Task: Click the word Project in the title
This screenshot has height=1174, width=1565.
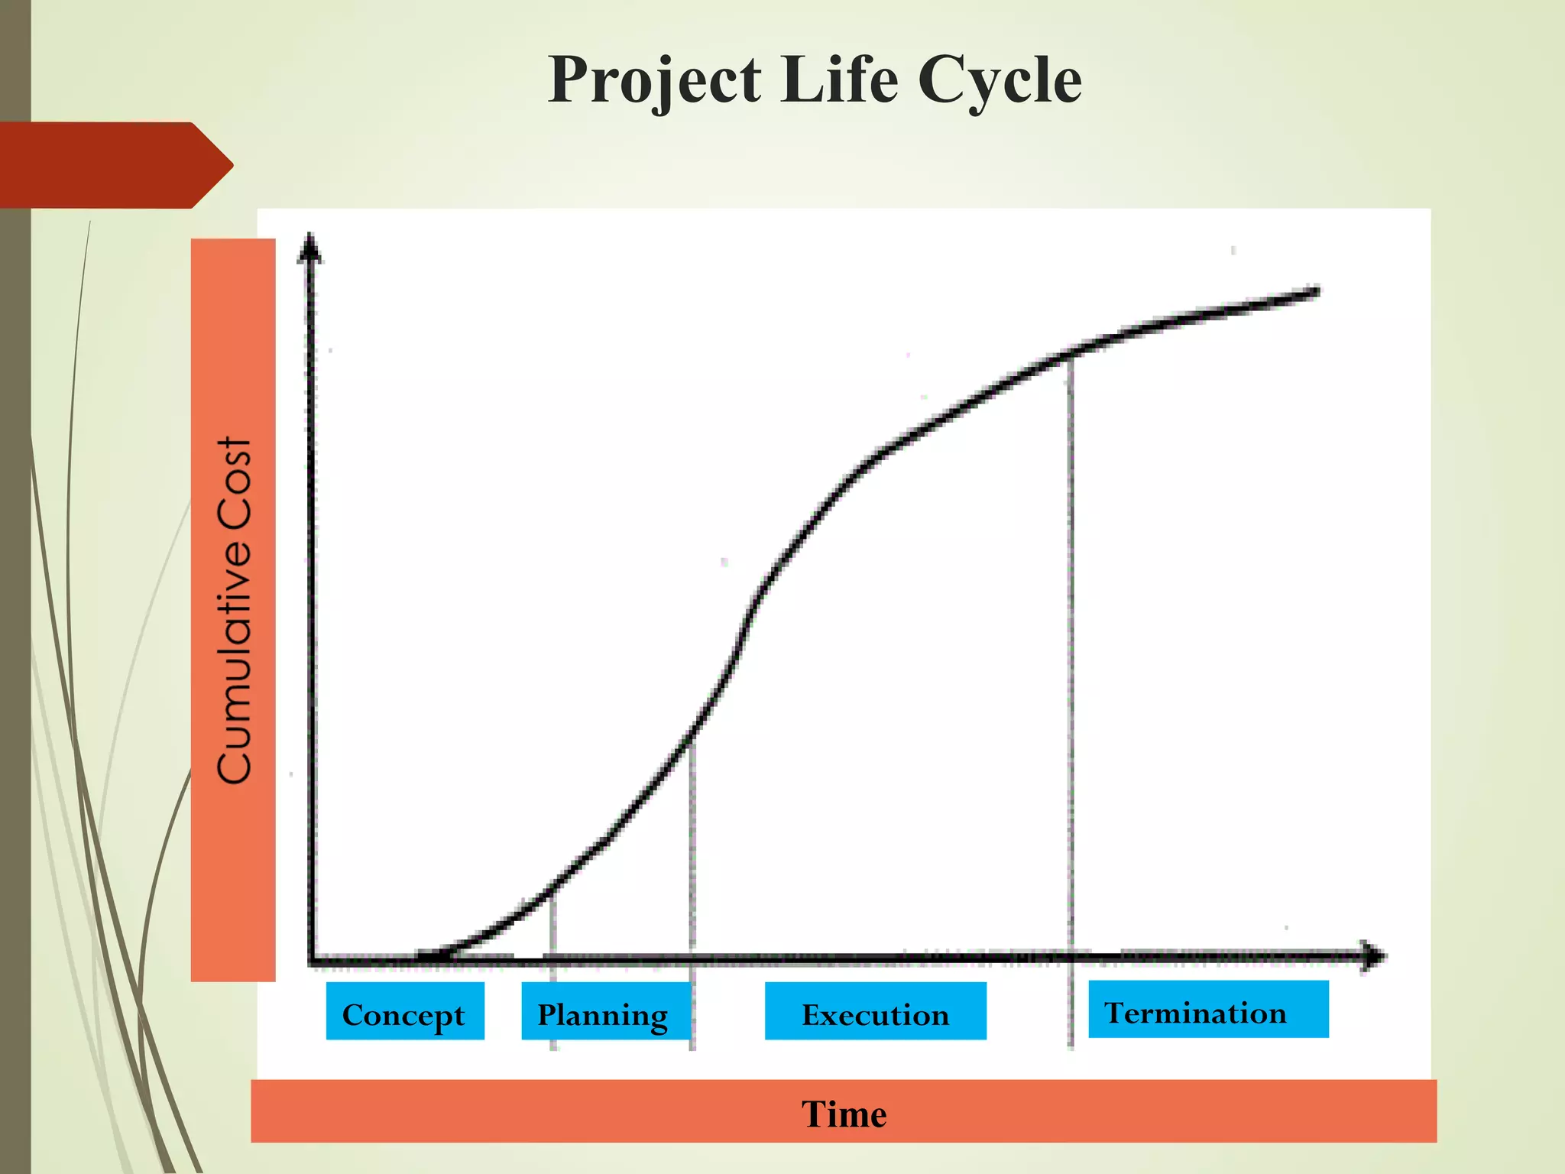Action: tap(655, 80)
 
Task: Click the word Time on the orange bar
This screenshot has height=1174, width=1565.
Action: tap(844, 1113)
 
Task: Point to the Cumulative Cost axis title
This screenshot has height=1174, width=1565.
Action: tap(234, 610)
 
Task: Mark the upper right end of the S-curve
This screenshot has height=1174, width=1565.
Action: tap(1316, 291)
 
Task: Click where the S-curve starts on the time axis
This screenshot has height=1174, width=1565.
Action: tap(428, 955)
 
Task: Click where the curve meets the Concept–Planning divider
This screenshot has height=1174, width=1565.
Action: tap(552, 889)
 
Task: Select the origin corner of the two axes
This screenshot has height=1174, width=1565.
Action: tap(312, 958)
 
